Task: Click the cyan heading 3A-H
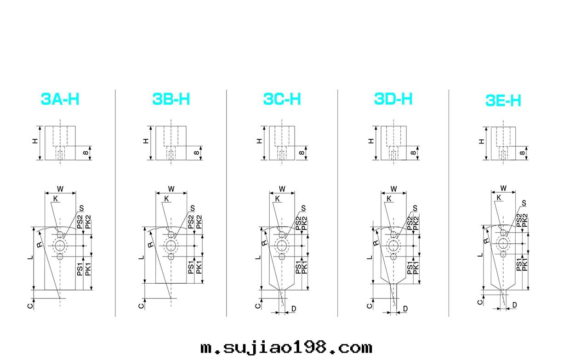coord(60,99)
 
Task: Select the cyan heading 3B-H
coord(171,99)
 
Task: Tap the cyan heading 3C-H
coord(282,99)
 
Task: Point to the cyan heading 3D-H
coord(393,99)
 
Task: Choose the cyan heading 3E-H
coord(503,100)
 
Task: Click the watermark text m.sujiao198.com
coord(286,348)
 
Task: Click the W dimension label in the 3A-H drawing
coord(60,189)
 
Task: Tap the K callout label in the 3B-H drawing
coord(166,199)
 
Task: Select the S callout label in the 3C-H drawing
coord(303,208)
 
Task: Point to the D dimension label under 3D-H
coord(405,309)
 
